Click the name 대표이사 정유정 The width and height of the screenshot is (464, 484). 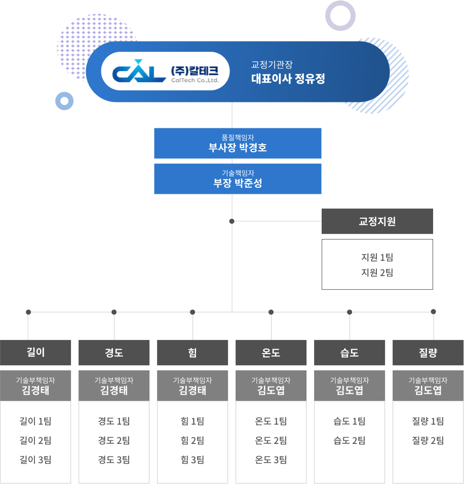tap(288, 79)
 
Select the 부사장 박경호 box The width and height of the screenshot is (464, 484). tap(238, 143)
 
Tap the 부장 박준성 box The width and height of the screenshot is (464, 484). tap(238, 179)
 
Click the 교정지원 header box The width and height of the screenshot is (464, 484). tap(377, 221)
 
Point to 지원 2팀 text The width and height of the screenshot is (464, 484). tap(377, 273)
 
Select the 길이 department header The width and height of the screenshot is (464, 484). tap(35, 353)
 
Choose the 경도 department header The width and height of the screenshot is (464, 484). tap(114, 353)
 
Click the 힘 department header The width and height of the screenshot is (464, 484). tap(192, 353)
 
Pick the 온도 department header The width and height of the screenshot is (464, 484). tap(271, 353)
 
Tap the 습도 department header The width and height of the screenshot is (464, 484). tap(350, 353)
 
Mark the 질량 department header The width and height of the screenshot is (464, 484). tap(428, 353)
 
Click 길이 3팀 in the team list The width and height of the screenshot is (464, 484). tap(35, 460)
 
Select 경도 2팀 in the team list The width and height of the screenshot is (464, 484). tap(114, 441)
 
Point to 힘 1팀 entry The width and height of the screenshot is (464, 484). tap(192, 421)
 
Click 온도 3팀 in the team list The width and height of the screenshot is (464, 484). tap(271, 460)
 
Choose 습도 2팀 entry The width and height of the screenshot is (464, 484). tap(350, 441)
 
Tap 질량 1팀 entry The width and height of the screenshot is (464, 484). tap(428, 421)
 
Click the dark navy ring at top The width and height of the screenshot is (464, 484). tap(340, 16)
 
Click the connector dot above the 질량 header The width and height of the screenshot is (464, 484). tap(433, 312)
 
